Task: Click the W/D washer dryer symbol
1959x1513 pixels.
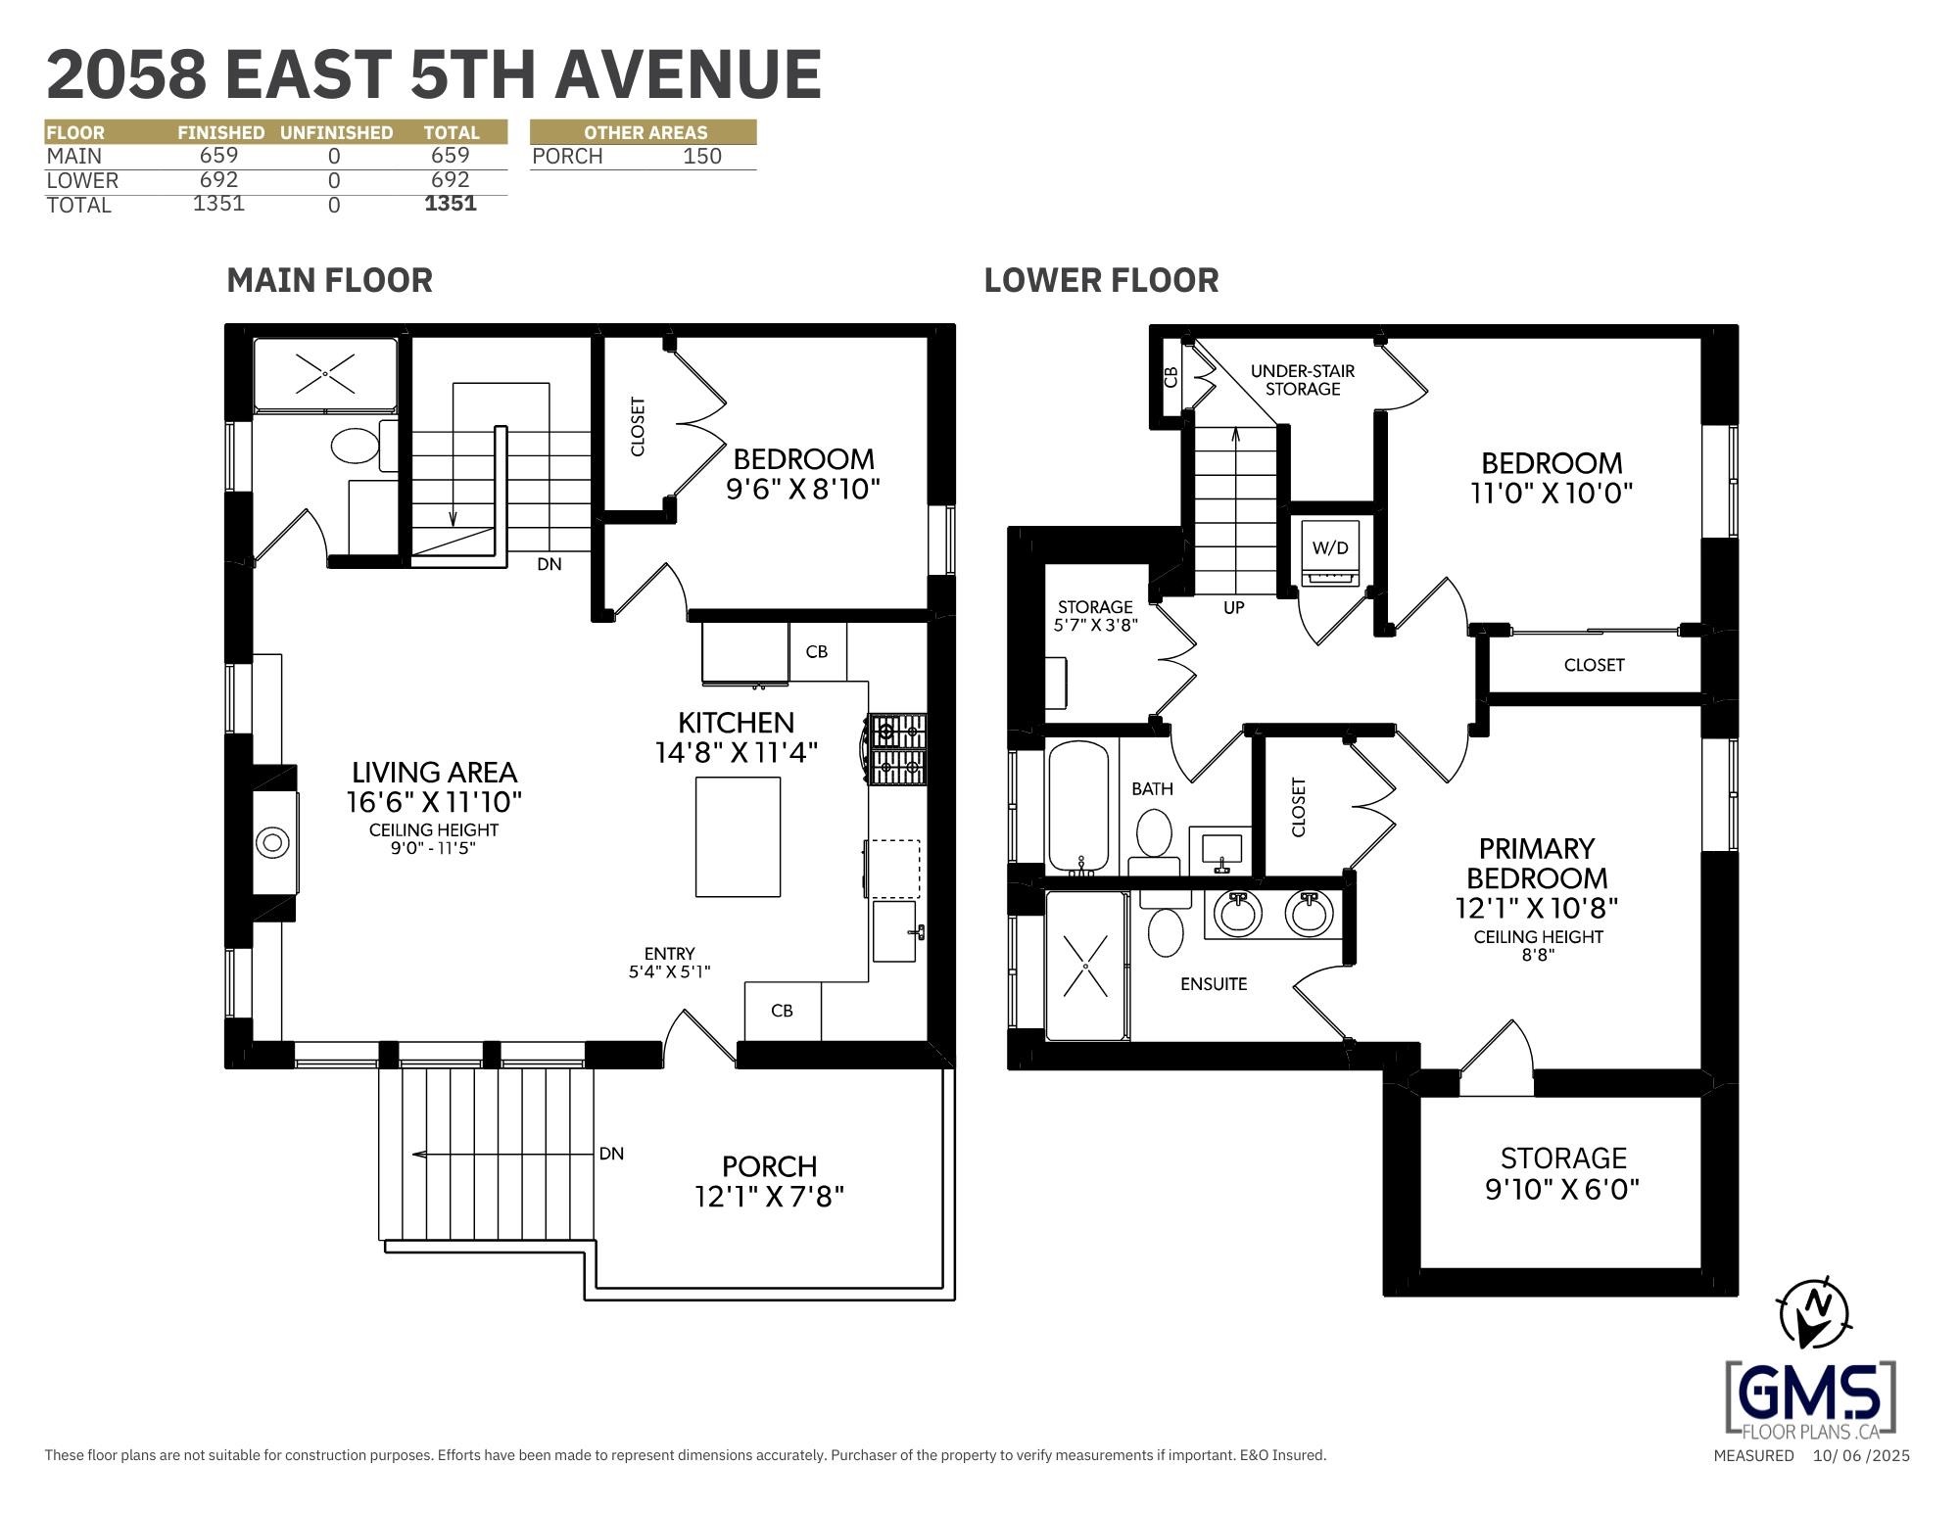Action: (1330, 554)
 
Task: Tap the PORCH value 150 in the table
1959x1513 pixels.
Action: (702, 157)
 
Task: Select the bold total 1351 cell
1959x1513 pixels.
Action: (451, 203)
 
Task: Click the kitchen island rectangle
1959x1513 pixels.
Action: (738, 836)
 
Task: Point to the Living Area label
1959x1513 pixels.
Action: (434, 773)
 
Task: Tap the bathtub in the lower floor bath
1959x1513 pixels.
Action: (1079, 806)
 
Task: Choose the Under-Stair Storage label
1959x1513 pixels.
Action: (1303, 380)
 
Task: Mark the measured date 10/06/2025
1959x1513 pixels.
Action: (1861, 1455)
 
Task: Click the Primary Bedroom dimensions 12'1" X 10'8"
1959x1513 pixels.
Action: (1537, 909)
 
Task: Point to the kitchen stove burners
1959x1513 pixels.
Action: (896, 749)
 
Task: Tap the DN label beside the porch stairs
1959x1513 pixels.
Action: (611, 1154)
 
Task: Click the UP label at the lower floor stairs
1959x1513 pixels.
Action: (1234, 608)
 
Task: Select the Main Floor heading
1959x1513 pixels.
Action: (329, 280)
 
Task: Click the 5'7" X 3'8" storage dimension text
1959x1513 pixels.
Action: (1095, 625)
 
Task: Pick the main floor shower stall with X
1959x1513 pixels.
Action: (325, 374)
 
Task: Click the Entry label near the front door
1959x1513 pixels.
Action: (670, 954)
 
